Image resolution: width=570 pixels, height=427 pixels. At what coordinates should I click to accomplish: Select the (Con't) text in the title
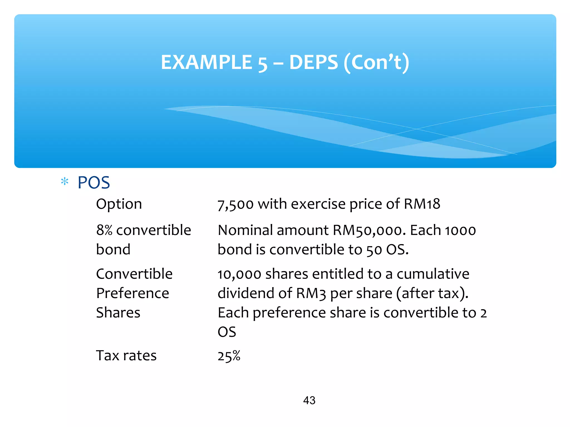pos(377,63)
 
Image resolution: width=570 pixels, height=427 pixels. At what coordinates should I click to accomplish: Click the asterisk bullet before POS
pos(65,182)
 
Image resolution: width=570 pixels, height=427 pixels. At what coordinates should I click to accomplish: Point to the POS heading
pos(94,183)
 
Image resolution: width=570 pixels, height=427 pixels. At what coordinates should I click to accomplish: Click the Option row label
pos(119,204)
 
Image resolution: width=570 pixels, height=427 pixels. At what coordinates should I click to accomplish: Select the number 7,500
pos(235,204)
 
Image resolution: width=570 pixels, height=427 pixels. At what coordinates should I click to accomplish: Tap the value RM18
pos(422,204)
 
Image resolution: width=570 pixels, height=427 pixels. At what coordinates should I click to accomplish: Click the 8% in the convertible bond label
pos(104,230)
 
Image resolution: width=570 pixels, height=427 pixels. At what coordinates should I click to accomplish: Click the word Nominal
pos(245,230)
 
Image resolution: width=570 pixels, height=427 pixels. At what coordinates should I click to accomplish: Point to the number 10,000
pos(239,274)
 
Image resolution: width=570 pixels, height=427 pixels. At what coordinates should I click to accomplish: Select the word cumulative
pos(433,274)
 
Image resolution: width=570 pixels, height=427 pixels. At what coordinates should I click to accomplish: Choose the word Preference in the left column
pos(132,293)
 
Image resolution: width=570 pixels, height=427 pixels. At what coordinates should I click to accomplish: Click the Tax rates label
pos(126,356)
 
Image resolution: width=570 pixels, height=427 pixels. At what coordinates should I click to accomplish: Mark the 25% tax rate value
pos(229,356)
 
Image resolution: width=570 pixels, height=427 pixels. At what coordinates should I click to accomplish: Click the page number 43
pos(309,400)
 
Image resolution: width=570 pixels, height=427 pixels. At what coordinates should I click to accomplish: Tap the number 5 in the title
pos(262,63)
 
